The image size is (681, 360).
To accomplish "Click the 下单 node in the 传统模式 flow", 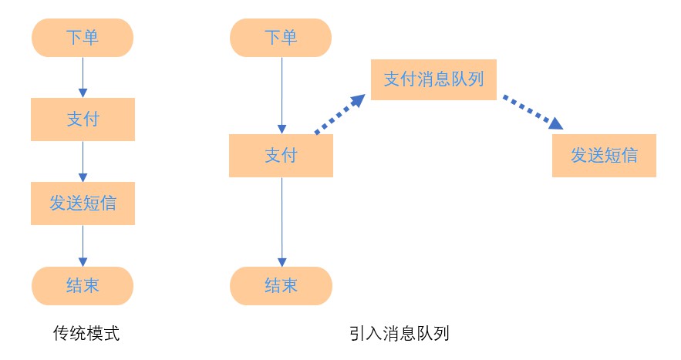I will pos(83,37).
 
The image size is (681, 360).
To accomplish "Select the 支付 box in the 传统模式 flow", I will pos(83,119).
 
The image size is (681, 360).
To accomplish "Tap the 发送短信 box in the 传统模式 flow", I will pos(83,203).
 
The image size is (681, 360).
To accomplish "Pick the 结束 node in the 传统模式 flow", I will pos(83,286).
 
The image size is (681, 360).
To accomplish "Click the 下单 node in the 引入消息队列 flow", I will pos(281,37).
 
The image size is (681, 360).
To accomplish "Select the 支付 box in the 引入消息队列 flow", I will pos(281,156).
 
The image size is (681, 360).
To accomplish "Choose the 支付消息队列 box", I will pos(433,79).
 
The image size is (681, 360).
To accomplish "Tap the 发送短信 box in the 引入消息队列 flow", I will pos(604,156).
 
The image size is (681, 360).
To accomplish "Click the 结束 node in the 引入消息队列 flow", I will pos(281,286).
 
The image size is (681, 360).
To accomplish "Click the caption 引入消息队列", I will pos(399,333).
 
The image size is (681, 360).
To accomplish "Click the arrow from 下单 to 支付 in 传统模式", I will pos(83,76).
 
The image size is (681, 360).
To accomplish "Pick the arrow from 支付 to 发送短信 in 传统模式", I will pos(83,161).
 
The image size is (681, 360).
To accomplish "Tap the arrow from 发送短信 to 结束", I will pos(83,244).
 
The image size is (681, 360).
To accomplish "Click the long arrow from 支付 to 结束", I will pos(281,222).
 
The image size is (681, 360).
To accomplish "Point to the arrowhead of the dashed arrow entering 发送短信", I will pos(555,123).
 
